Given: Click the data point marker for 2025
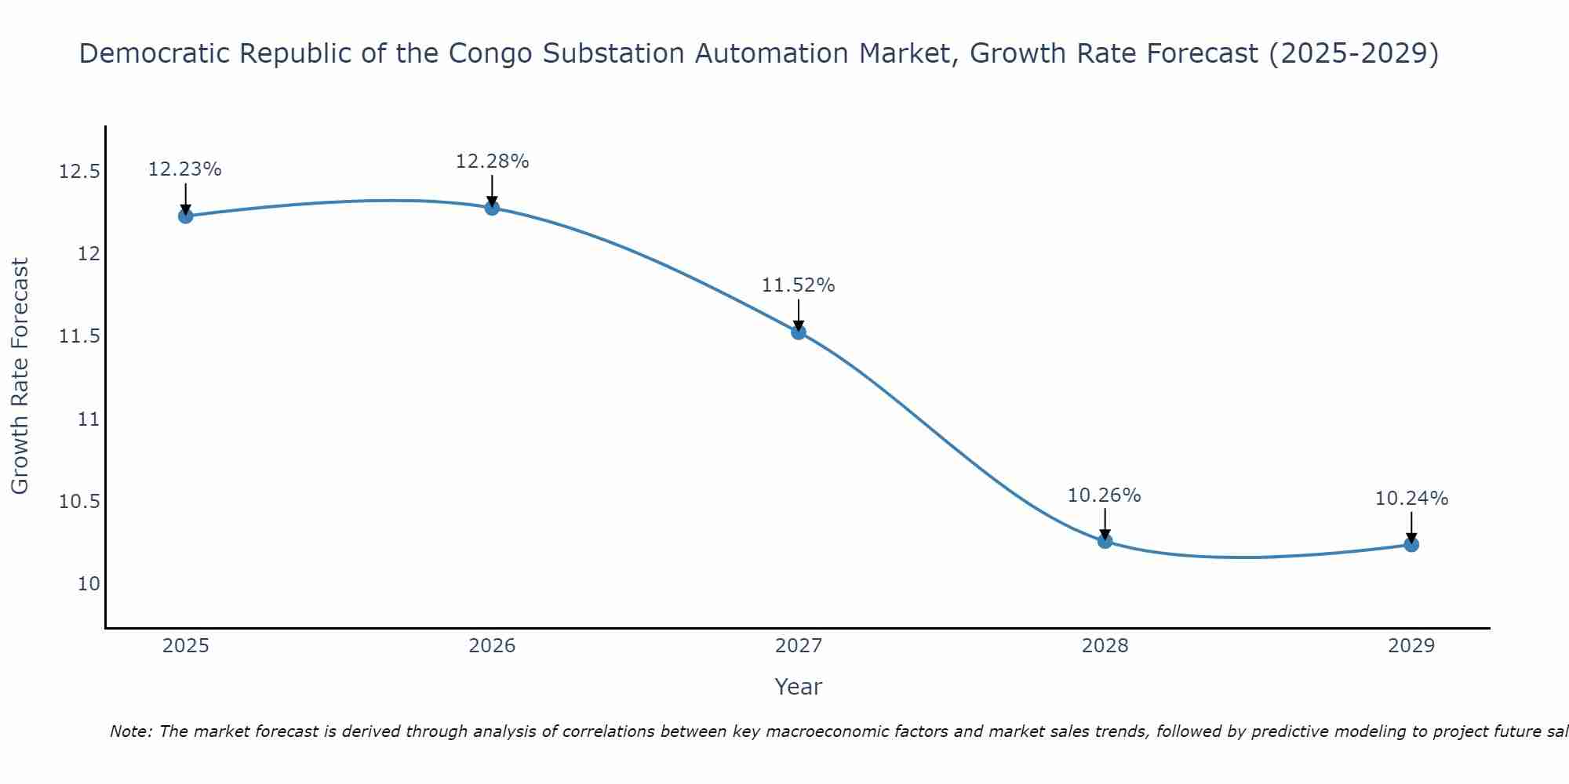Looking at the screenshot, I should click(x=186, y=216).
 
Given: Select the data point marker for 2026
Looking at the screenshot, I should click(x=492, y=208).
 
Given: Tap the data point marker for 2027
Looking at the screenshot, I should click(x=799, y=332).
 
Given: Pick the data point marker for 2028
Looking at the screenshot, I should click(x=1105, y=540).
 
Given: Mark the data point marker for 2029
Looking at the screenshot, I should click(x=1411, y=544).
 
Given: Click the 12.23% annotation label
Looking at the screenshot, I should click(x=185, y=169).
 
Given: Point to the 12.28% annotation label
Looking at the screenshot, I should click(x=492, y=162).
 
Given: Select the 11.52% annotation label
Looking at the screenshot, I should click(x=799, y=285).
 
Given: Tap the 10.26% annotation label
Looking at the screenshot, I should click(x=1105, y=495).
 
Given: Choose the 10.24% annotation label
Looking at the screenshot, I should click(x=1411, y=499).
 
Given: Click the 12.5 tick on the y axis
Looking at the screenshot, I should click(x=80, y=172).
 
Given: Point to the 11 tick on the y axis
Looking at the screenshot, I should click(x=89, y=419).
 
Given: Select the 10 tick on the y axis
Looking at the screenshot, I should click(x=89, y=584).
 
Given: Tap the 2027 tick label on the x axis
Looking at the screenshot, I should click(x=799, y=646).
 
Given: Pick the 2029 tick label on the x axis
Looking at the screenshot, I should click(x=1411, y=646).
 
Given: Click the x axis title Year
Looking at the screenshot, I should click(x=799, y=687).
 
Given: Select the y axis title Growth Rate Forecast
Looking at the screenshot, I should click(x=20, y=376).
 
